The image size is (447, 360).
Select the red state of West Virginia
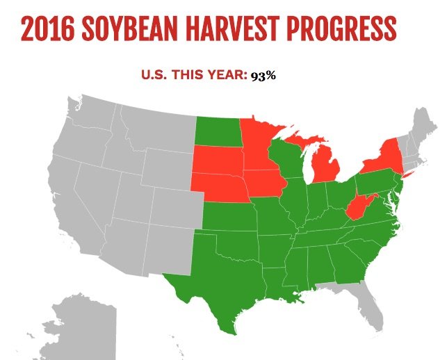357,208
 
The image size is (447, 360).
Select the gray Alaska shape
76,327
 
